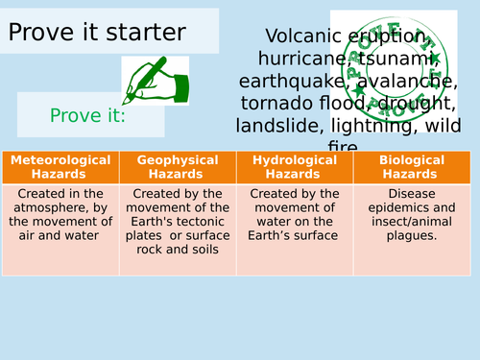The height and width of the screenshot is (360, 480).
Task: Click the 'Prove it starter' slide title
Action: tap(97, 33)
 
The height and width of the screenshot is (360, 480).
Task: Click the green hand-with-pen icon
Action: tap(156, 81)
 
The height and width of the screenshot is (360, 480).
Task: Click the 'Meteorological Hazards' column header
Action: tap(60, 167)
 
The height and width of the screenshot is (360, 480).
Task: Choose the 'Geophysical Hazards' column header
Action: tap(178, 167)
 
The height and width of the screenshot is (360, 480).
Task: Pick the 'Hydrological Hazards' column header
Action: tap(295, 167)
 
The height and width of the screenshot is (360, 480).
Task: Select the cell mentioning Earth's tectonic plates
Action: tap(178, 221)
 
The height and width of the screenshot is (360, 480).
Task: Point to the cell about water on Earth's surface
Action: tap(295, 214)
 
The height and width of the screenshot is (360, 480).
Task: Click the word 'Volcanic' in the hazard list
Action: tap(301, 36)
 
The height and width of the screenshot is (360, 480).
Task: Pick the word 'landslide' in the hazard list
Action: tap(277, 125)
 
